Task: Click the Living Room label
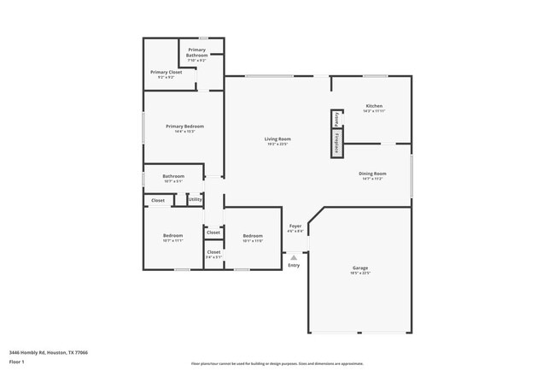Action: (x=277, y=138)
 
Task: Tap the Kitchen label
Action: (x=374, y=106)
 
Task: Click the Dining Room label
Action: (x=372, y=174)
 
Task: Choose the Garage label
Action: (x=360, y=268)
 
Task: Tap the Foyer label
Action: (x=295, y=226)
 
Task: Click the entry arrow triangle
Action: (x=294, y=256)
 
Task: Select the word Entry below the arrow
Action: (x=294, y=265)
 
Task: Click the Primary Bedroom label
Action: (x=184, y=127)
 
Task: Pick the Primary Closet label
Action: (x=166, y=73)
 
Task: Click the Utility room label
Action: (x=196, y=200)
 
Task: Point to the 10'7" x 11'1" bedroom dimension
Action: (x=173, y=241)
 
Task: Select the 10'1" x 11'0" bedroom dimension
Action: (x=253, y=241)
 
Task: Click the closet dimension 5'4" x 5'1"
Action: (x=213, y=256)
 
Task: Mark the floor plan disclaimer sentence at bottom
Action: (x=277, y=363)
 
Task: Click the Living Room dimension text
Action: (x=277, y=144)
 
